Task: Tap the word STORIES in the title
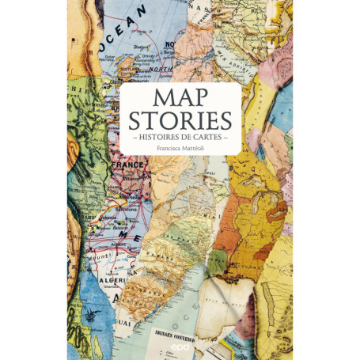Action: pos(180,121)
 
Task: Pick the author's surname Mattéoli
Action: pos(199,149)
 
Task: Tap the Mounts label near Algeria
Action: pos(101,257)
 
